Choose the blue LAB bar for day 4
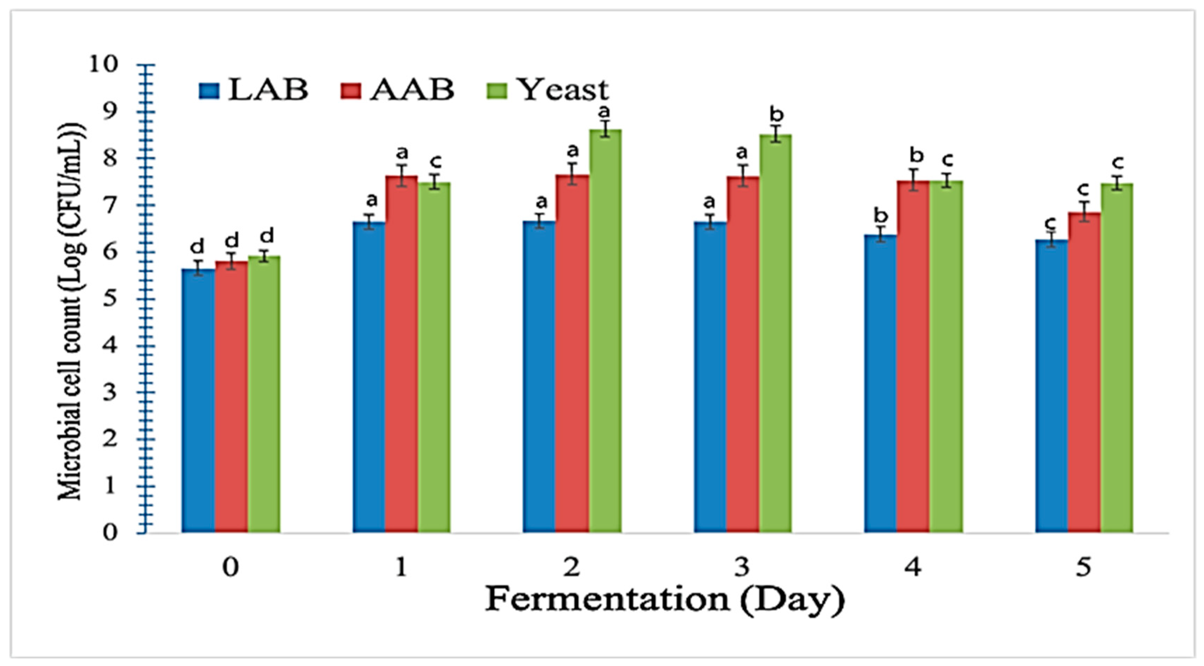[x=880, y=383]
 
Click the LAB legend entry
[x=255, y=90]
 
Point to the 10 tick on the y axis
[x=103, y=64]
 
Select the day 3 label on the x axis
[x=742, y=567]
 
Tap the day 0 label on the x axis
[x=230, y=567]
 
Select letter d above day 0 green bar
[x=267, y=236]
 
